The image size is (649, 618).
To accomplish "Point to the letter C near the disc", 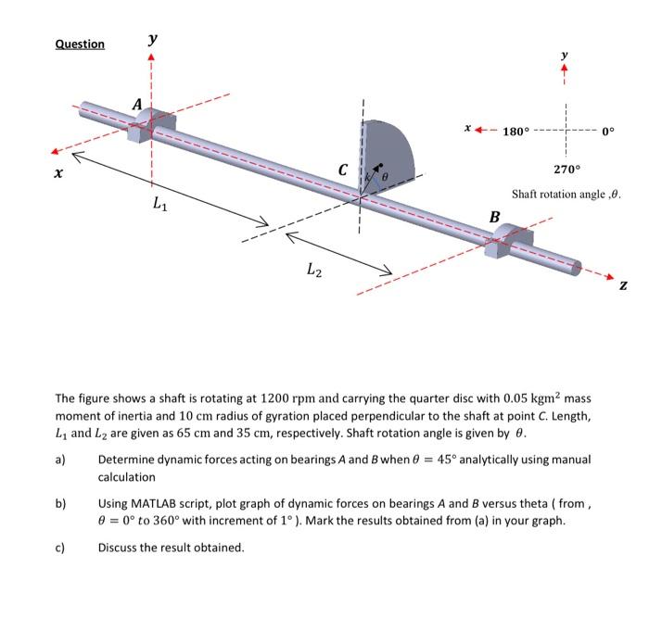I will click(343, 170).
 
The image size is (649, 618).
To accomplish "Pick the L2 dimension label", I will click(315, 270).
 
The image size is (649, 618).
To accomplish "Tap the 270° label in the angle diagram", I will click(566, 170).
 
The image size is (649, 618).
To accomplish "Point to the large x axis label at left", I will click(58, 173).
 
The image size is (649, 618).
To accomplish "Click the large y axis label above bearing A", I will click(152, 40).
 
